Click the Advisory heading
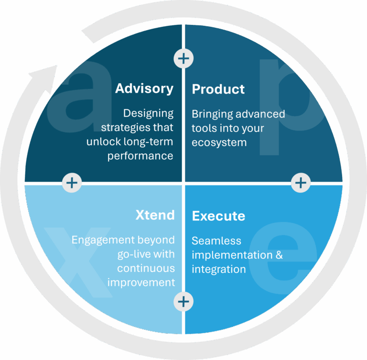click(144, 88)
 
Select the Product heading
click(218, 89)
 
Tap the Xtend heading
click(155, 215)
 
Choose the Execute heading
click(218, 216)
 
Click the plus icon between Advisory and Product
click(183, 58)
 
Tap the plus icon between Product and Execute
click(301, 183)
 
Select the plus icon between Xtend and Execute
click(184, 302)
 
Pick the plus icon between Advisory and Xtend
click(72, 182)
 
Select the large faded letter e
click(282, 258)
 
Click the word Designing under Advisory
click(148, 114)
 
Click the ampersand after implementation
click(279, 255)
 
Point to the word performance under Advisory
click(140, 156)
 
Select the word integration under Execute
click(218, 269)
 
